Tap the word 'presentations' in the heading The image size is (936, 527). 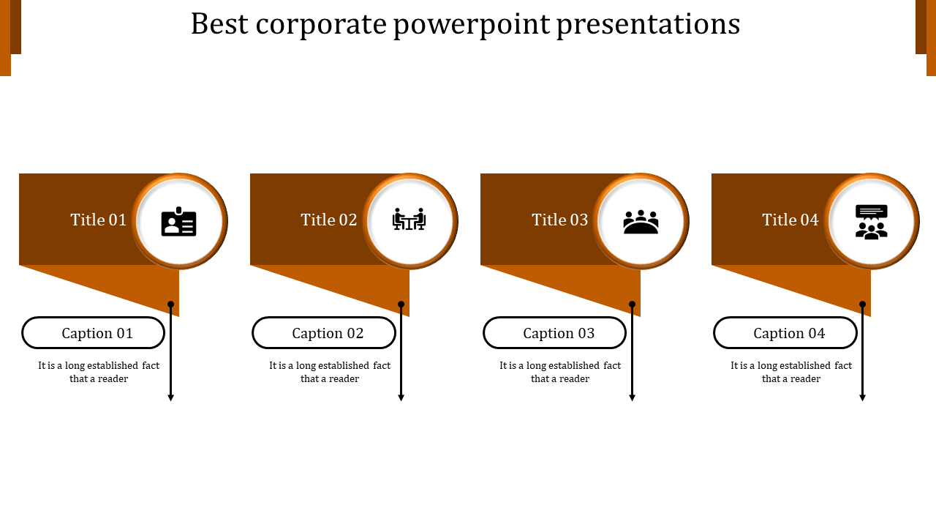click(x=648, y=24)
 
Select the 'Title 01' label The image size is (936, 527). click(x=99, y=220)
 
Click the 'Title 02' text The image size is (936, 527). click(x=329, y=220)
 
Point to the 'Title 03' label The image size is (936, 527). click(x=560, y=220)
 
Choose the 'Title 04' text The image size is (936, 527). click(x=790, y=220)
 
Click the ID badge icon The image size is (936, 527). click(x=179, y=222)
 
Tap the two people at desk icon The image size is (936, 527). click(x=409, y=220)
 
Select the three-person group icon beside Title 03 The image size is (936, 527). click(x=641, y=222)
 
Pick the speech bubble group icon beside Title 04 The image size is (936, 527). click(x=871, y=222)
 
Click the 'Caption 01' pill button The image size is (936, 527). click(x=94, y=333)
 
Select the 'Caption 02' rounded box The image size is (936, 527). click(x=324, y=333)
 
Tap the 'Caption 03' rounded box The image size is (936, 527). click(x=555, y=333)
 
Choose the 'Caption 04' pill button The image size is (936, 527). click(x=785, y=333)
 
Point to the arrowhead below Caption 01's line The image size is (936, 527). click(x=171, y=397)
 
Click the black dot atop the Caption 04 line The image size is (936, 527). click(x=863, y=304)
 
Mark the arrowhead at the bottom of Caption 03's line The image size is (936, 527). click(x=633, y=397)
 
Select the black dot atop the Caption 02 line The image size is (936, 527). click(x=401, y=304)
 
